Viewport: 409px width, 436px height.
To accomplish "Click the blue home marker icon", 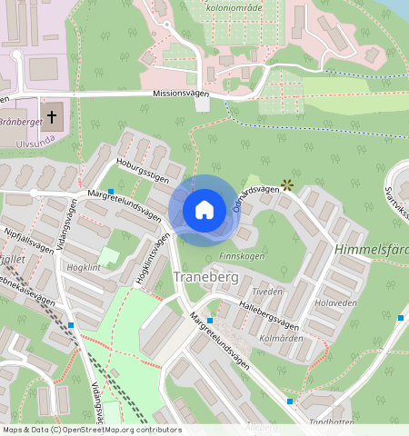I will (x=204, y=210).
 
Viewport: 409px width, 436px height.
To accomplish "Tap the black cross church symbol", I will (x=53, y=116).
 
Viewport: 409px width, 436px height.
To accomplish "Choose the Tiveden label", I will (x=268, y=292).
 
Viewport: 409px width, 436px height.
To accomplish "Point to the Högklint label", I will (x=84, y=269).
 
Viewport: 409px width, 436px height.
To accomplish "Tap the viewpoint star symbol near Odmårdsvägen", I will (x=287, y=184).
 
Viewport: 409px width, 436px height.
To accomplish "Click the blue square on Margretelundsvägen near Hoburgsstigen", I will (x=111, y=192).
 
